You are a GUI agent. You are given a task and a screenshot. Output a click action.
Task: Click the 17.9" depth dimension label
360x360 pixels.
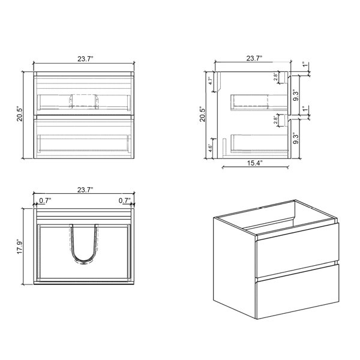click(20, 247)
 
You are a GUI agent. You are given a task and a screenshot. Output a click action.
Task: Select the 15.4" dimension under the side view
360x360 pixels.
click(254, 163)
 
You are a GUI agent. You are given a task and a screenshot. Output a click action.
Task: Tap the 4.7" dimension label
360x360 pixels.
click(211, 80)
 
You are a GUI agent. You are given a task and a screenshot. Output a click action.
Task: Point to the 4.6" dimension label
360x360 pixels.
click(210, 148)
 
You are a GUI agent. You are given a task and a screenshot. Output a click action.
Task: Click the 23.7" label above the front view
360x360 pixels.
click(85, 59)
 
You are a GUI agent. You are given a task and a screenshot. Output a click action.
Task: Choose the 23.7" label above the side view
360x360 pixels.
click(254, 58)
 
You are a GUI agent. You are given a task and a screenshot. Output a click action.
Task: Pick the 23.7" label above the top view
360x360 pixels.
click(85, 190)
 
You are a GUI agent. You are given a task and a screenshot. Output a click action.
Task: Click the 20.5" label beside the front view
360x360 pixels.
click(20, 114)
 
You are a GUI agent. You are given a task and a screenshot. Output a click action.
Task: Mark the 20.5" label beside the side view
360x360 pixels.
click(203, 114)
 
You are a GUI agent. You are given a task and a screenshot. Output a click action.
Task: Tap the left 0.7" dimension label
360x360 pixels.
click(45, 200)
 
